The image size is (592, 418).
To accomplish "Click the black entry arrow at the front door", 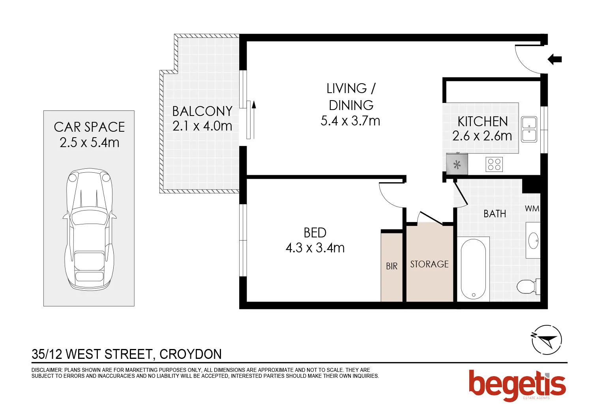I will (555, 60).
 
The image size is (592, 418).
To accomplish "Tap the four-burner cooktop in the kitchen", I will (494, 164).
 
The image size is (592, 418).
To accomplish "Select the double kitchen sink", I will (529, 129).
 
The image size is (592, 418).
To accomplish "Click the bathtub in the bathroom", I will (473, 269).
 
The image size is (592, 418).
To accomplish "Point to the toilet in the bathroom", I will (527, 287).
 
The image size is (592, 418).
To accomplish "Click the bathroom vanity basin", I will (533, 240).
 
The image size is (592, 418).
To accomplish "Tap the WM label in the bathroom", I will (532, 209).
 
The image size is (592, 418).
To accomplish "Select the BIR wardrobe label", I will (392, 267).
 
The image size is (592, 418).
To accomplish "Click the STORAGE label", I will (429, 264).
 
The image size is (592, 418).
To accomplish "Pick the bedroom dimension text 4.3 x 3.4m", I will (315, 248).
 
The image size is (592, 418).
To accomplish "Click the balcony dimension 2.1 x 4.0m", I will (202, 126).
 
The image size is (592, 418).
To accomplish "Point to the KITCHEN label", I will (482, 121).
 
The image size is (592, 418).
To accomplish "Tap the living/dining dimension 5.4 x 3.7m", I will (350, 121).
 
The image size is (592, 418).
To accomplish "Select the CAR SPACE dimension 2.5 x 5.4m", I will (90, 143).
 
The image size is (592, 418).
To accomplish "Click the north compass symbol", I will (546, 340).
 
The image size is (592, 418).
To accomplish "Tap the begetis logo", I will (517, 385).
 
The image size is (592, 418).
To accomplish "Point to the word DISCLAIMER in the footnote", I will (47, 370).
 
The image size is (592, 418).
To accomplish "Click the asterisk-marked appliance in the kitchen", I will (457, 164).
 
